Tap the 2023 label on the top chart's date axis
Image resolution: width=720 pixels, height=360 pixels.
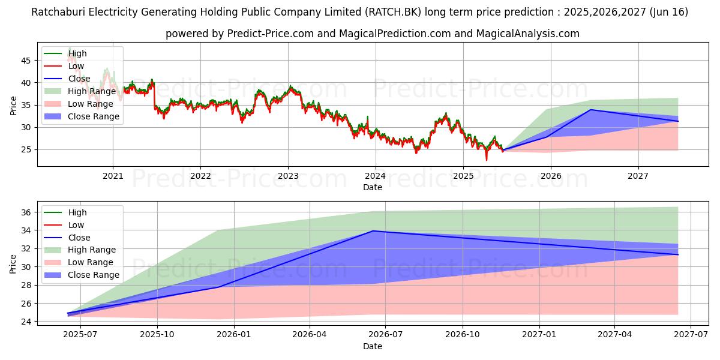click(x=288, y=176)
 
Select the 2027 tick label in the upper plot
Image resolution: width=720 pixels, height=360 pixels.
click(x=638, y=176)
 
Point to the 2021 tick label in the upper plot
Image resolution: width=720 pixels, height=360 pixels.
click(x=113, y=176)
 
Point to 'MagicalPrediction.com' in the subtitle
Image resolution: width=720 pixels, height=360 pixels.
click(x=409, y=34)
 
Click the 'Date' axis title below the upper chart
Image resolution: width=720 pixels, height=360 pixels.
click(x=372, y=187)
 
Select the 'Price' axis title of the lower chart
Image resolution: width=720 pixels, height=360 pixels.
click(x=13, y=264)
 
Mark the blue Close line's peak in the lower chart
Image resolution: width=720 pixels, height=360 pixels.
click(x=373, y=231)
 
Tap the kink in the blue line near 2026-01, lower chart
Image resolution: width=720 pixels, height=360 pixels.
click(x=219, y=287)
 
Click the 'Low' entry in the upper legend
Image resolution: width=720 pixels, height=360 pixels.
click(x=76, y=66)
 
